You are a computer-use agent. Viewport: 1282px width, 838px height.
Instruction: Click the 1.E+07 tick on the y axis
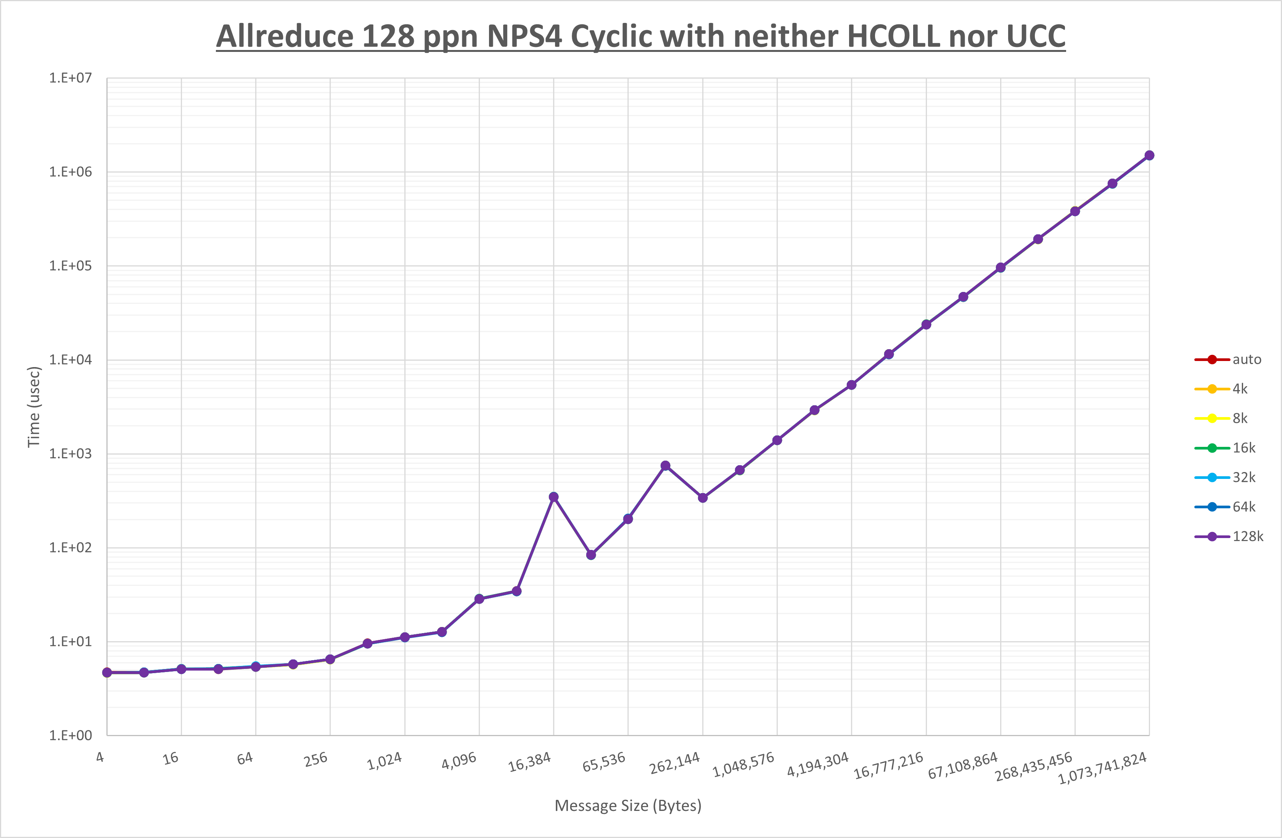(71, 78)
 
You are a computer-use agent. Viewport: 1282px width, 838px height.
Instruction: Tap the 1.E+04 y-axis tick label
(71, 359)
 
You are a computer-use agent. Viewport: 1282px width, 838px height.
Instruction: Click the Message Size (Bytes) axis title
(627, 806)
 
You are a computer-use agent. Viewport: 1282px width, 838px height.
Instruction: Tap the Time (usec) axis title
(34, 407)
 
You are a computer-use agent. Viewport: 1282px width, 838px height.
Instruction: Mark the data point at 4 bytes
(107, 672)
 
